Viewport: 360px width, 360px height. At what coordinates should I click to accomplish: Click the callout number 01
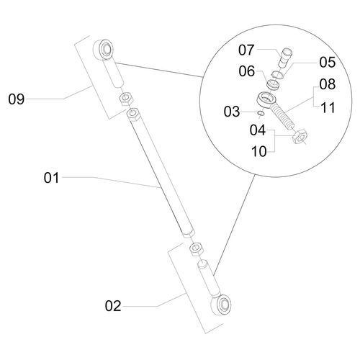click(51, 178)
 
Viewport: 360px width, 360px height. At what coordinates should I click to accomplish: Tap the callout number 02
click(113, 306)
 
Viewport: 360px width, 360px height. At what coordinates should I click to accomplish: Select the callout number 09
click(17, 99)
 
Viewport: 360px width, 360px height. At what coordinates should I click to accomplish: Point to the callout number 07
click(246, 50)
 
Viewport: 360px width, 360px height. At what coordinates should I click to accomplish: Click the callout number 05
click(328, 62)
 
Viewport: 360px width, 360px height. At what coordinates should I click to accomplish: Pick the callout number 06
click(247, 71)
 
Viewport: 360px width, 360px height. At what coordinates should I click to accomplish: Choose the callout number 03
click(232, 112)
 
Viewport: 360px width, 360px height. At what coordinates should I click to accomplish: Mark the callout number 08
click(328, 84)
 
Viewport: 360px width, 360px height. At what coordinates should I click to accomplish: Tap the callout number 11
click(328, 107)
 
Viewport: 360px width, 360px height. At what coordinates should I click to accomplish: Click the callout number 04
click(258, 130)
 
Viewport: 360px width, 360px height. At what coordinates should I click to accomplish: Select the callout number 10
click(259, 151)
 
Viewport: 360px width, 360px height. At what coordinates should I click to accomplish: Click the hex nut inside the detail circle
click(300, 137)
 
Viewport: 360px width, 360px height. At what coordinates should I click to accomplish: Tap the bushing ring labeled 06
click(274, 85)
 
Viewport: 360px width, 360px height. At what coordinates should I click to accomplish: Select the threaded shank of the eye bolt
click(282, 117)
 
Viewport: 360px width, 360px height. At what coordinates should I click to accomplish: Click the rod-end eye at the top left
click(103, 50)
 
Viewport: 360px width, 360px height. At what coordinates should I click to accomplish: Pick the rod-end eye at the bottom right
click(221, 305)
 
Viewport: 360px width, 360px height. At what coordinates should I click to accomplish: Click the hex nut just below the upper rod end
click(125, 99)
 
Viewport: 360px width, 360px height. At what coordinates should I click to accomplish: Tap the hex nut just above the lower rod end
click(197, 248)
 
